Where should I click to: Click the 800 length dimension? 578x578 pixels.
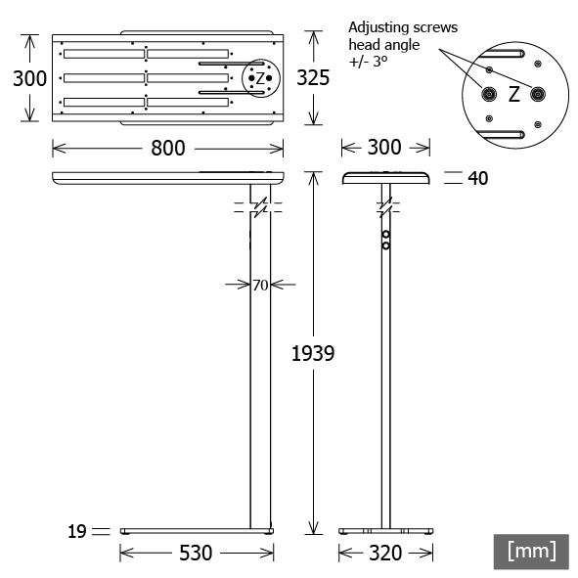point(167,149)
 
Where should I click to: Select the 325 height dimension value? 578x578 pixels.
point(313,78)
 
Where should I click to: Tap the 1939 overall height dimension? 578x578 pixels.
point(313,353)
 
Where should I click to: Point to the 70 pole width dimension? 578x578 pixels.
point(260,285)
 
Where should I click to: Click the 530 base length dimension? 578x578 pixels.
point(196,553)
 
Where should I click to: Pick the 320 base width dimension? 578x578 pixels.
point(385,553)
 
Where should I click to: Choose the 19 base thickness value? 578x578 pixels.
point(77,532)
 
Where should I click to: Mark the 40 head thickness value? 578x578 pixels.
point(478,178)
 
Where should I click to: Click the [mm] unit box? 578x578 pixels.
point(531,552)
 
